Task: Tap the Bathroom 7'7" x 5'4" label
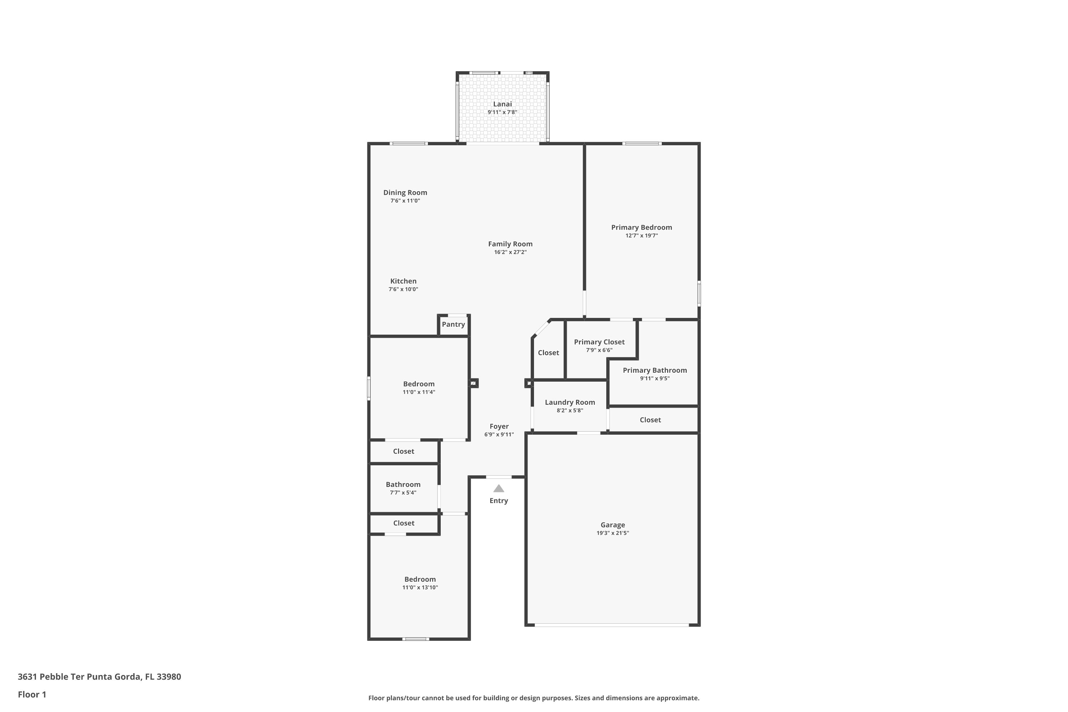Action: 403,485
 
